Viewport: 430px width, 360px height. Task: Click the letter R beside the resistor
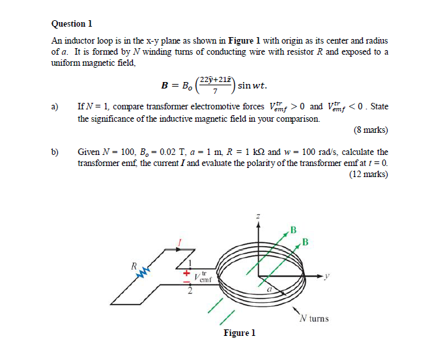click(132, 265)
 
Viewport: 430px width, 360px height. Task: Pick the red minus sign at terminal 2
click(184, 285)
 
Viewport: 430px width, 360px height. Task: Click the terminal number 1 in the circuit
click(192, 263)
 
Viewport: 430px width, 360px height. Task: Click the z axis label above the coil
click(258, 215)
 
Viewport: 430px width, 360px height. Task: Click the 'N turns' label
click(314, 318)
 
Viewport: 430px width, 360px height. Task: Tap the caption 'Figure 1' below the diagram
click(239, 333)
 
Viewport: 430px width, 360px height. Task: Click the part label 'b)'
click(55, 151)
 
